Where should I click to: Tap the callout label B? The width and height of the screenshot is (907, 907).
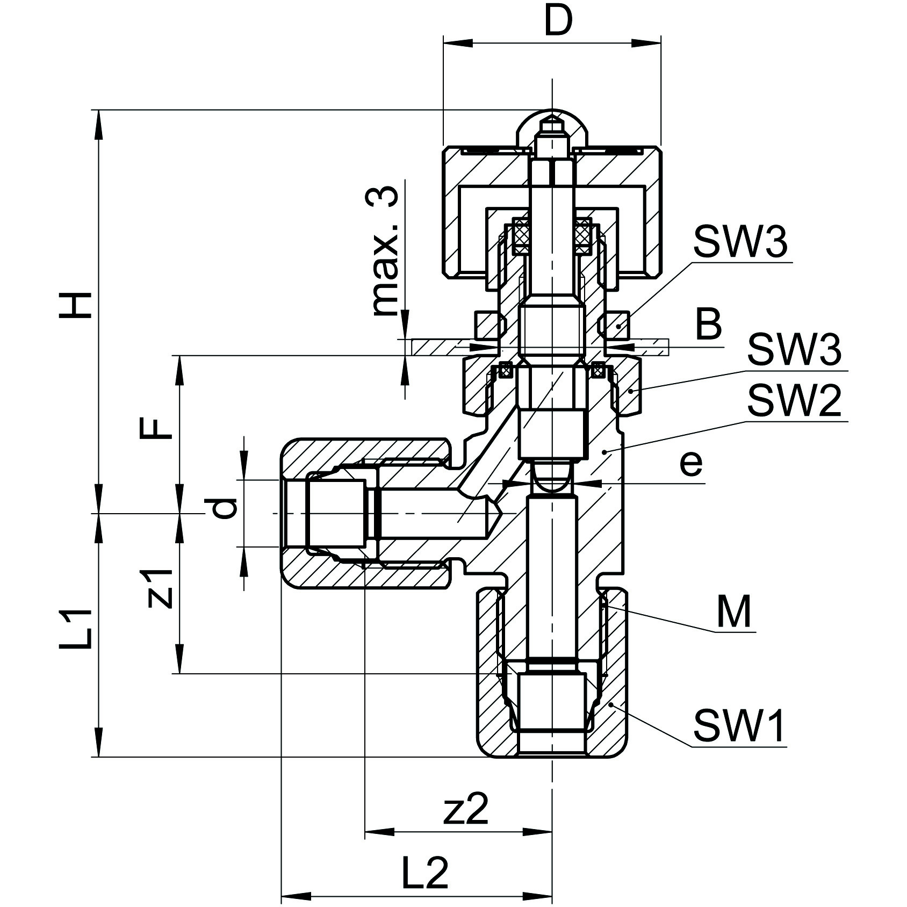coord(708,324)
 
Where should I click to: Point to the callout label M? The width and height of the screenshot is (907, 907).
coord(734,613)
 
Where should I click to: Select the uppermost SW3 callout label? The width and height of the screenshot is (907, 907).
coord(740,243)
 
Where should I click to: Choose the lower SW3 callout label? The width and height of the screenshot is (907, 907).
coord(794,349)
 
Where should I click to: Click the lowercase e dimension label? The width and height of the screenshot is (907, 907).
coord(690,463)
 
